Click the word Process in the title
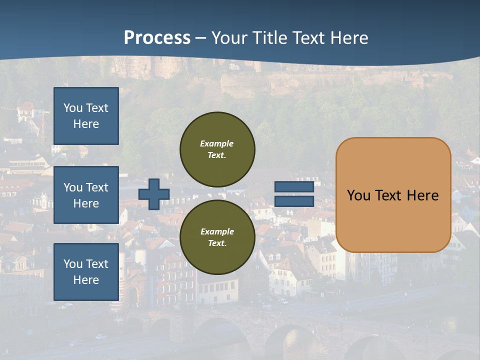click(x=157, y=38)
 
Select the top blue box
click(x=86, y=116)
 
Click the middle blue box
click(x=86, y=195)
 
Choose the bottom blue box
click(x=86, y=271)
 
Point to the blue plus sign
click(x=153, y=194)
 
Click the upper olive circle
click(x=217, y=149)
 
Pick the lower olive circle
click(x=217, y=237)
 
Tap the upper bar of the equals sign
click(x=294, y=187)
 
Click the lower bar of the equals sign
click(x=294, y=201)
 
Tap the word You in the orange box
click(x=358, y=195)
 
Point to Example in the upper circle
click(x=217, y=143)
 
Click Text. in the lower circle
click(x=217, y=243)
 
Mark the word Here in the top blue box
click(x=86, y=124)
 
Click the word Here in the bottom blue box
click(x=86, y=280)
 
